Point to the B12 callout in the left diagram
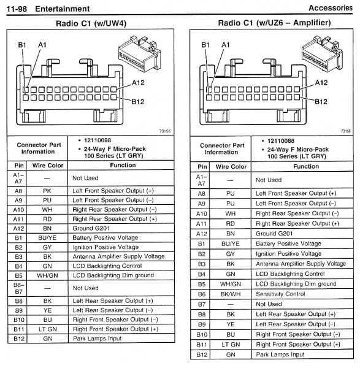pos(137,102)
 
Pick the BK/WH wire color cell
pos(230,294)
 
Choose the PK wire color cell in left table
pos(47,191)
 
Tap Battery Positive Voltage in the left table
pos(105,237)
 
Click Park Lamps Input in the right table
pos(280,355)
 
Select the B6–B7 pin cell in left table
pos(19,288)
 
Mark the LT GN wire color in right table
pos(230,345)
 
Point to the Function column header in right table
pos(305,166)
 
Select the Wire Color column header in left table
pos(47,166)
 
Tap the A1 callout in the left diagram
pos(42,45)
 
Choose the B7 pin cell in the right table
pos(202,304)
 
